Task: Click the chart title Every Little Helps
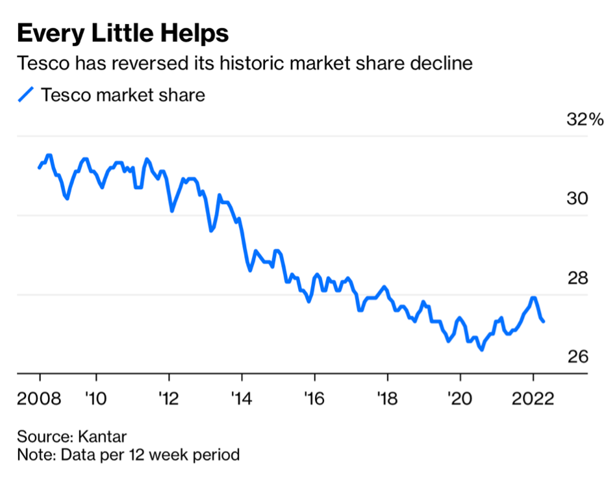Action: [x=123, y=33]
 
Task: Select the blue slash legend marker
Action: [x=25, y=95]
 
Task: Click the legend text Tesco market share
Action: [x=123, y=95]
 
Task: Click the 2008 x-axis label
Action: [x=39, y=397]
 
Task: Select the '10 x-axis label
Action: [x=96, y=397]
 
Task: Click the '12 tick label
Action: [x=169, y=397]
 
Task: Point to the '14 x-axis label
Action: [x=242, y=397]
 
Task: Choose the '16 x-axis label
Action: [x=314, y=397]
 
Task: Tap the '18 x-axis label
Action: [x=387, y=397]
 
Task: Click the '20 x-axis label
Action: [x=460, y=397]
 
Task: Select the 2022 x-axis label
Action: [x=533, y=397]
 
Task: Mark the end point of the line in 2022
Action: [x=544, y=321]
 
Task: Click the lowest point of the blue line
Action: [x=481, y=350]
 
